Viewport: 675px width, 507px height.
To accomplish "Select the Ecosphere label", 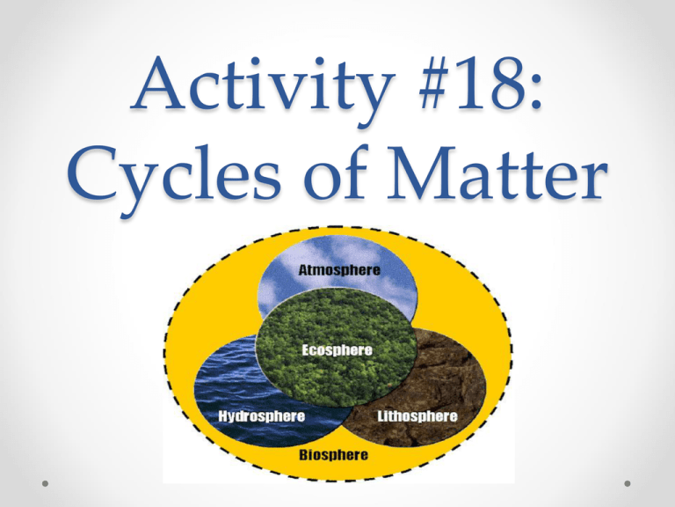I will tap(337, 349).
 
